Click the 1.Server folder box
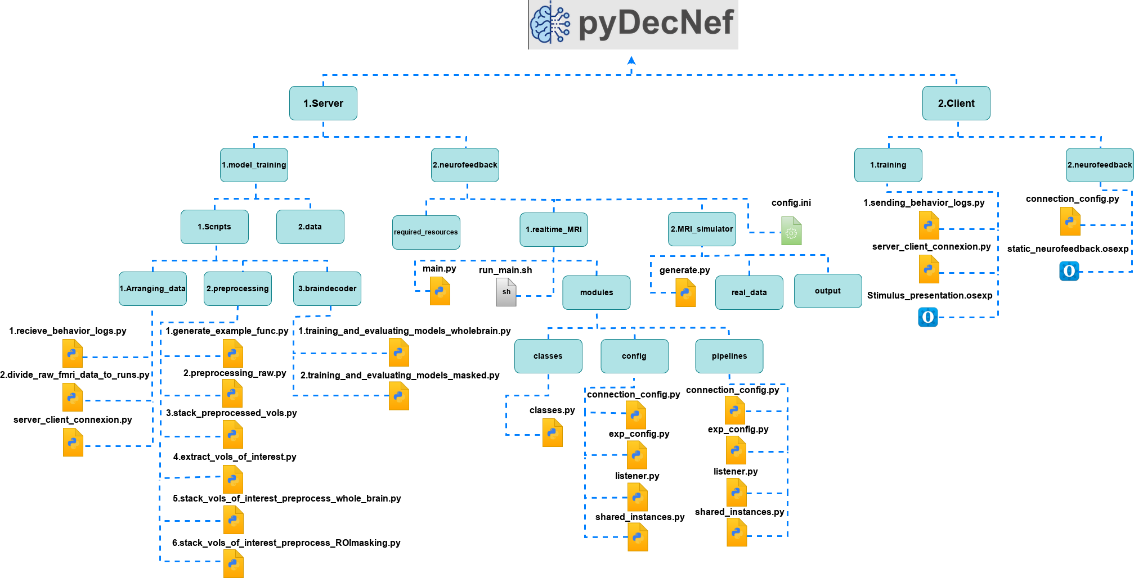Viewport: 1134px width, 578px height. pyautogui.click(x=323, y=103)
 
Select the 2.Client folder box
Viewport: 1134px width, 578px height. pyautogui.click(x=956, y=103)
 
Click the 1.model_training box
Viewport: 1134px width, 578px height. pyautogui.click(x=254, y=165)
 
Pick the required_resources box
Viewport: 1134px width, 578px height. pyautogui.click(x=426, y=232)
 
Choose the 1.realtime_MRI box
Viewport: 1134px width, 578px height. pyautogui.click(x=553, y=229)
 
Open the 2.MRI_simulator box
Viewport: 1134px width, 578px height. pyautogui.click(x=701, y=229)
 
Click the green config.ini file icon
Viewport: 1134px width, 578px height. pyautogui.click(x=791, y=231)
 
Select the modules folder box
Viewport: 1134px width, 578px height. pyautogui.click(x=596, y=292)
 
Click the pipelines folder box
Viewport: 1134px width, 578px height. pyautogui.click(x=729, y=356)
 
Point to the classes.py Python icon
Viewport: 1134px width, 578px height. pyautogui.click(x=552, y=433)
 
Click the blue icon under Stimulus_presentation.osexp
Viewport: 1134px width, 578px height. pyautogui.click(x=927, y=317)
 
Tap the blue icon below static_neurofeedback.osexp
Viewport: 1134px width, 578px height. pyautogui.click(x=1069, y=271)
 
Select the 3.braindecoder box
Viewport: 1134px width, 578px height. pyautogui.click(x=327, y=288)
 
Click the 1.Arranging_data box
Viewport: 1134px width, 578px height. pyautogui.click(x=153, y=288)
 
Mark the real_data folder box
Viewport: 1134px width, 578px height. pyautogui.click(x=748, y=292)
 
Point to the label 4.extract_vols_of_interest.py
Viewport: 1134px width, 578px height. pyautogui.click(x=235, y=457)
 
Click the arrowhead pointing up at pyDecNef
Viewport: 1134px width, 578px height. pyautogui.click(x=631, y=60)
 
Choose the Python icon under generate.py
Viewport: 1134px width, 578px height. pyautogui.click(x=685, y=293)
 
